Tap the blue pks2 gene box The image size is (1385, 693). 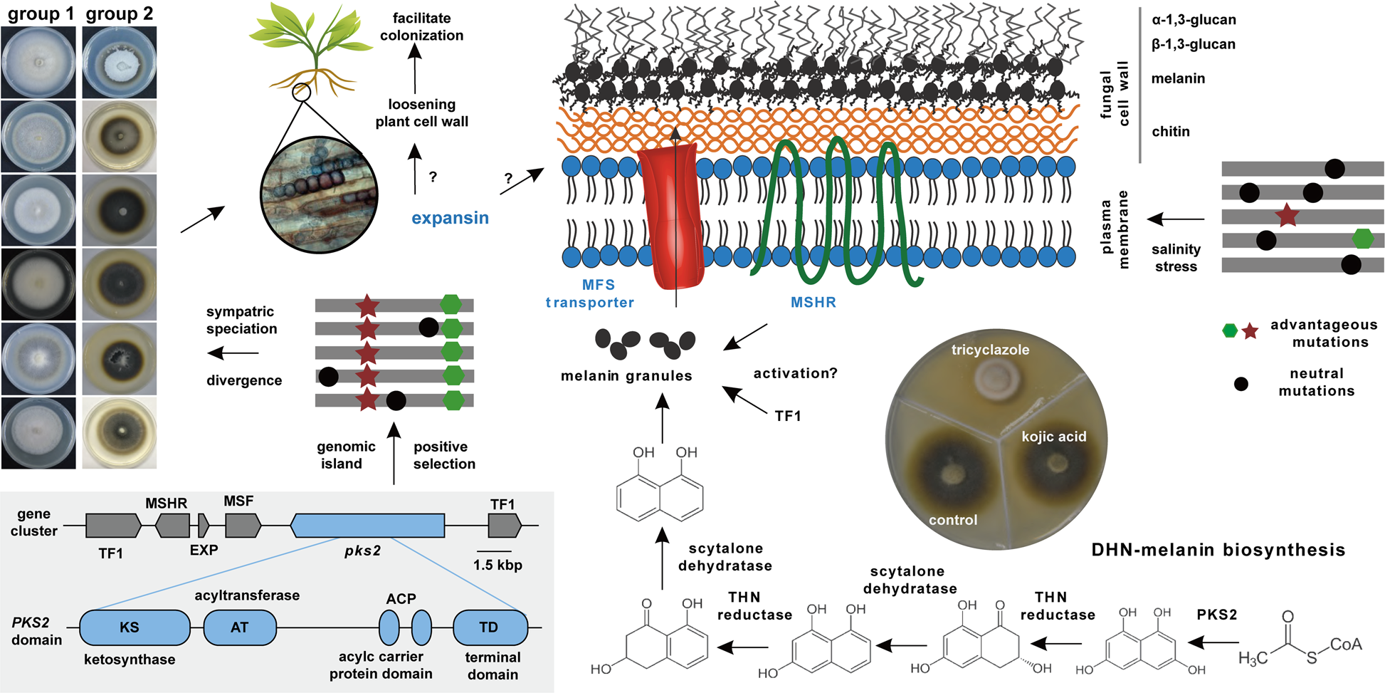(367, 526)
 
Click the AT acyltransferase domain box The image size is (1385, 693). (240, 627)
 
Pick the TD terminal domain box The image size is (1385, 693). (490, 627)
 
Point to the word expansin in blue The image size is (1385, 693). (450, 218)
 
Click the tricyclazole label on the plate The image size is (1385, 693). (990, 350)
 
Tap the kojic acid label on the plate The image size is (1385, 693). (1053, 437)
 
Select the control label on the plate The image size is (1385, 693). (952, 520)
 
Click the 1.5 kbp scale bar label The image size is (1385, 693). (497, 565)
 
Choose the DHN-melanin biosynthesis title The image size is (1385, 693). (1218, 550)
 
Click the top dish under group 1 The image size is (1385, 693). (38, 63)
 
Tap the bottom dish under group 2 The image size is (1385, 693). (120, 432)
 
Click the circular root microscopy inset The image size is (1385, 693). (319, 194)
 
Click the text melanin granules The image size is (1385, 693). (626, 375)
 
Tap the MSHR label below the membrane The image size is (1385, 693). (813, 302)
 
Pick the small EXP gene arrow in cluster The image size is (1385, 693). (204, 526)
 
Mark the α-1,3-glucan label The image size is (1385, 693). (1193, 20)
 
